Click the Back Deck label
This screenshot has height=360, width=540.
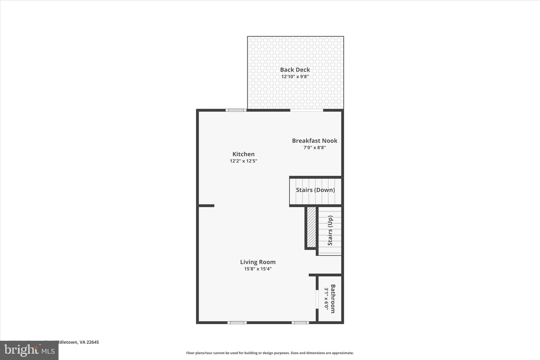pyautogui.click(x=295, y=70)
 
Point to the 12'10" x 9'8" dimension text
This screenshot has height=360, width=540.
pyautogui.click(x=295, y=77)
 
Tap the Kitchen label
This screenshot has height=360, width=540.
pyautogui.click(x=243, y=154)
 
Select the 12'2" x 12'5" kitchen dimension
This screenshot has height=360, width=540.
pyautogui.click(x=243, y=161)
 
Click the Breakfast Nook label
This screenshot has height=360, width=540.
pyautogui.click(x=315, y=141)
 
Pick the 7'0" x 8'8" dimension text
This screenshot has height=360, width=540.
pyautogui.click(x=315, y=147)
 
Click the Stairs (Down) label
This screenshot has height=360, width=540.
pyautogui.click(x=315, y=190)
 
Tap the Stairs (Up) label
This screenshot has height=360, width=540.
pyautogui.click(x=330, y=231)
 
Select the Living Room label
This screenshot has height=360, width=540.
pyautogui.click(x=258, y=262)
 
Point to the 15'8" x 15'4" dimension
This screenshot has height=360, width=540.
pyautogui.click(x=258, y=269)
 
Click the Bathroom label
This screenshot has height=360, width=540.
pyautogui.click(x=333, y=299)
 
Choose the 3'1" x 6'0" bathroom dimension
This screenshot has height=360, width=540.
pyautogui.click(x=326, y=299)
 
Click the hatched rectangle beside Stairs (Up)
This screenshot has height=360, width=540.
pyautogui.click(x=311, y=227)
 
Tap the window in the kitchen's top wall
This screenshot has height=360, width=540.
pyautogui.click(x=236, y=110)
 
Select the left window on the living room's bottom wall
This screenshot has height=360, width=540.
pyautogui.click(x=237, y=323)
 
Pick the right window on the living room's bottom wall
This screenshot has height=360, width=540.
pyautogui.click(x=300, y=323)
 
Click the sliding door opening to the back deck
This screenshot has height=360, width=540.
pyautogui.click(x=307, y=110)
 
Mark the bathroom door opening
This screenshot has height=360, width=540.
pyautogui.click(x=317, y=299)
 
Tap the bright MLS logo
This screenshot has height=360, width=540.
pyautogui.click(x=29, y=351)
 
